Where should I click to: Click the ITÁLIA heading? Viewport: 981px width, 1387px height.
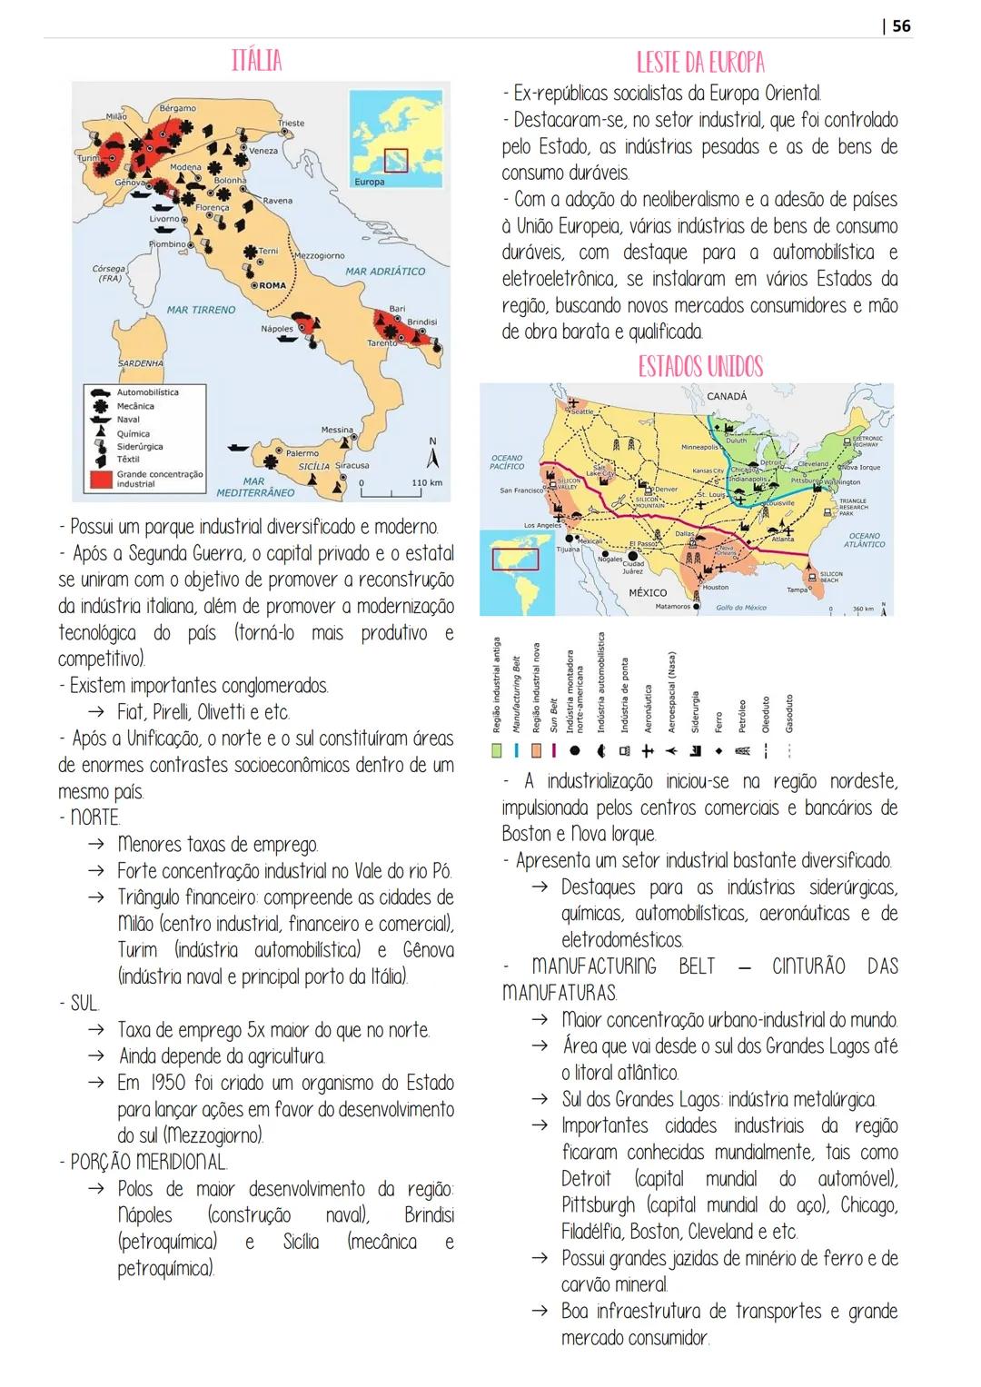pyautogui.click(x=256, y=61)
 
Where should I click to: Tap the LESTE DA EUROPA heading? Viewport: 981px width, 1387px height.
pyautogui.click(x=699, y=62)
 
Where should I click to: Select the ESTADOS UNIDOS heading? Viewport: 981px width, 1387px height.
pyautogui.click(x=699, y=367)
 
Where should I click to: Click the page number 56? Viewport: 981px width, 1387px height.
pyautogui.click(x=900, y=25)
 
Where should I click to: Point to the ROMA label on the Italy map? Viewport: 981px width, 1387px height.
pyautogui.click(x=272, y=285)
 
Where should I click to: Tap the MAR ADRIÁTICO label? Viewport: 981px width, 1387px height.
pyautogui.click(x=385, y=271)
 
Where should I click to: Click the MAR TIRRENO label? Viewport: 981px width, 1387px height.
pyautogui.click(x=201, y=310)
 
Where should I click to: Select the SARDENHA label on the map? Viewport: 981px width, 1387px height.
pyautogui.click(x=140, y=363)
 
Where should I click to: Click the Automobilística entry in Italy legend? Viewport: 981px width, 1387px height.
pyautogui.click(x=147, y=392)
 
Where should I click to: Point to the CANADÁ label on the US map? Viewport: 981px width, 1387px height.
pyautogui.click(x=727, y=396)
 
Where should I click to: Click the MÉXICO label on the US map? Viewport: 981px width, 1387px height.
pyautogui.click(x=648, y=592)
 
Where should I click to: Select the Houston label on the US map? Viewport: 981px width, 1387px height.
pyautogui.click(x=715, y=588)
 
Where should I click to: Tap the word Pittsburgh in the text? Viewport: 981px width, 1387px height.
pyautogui.click(x=599, y=1205)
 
